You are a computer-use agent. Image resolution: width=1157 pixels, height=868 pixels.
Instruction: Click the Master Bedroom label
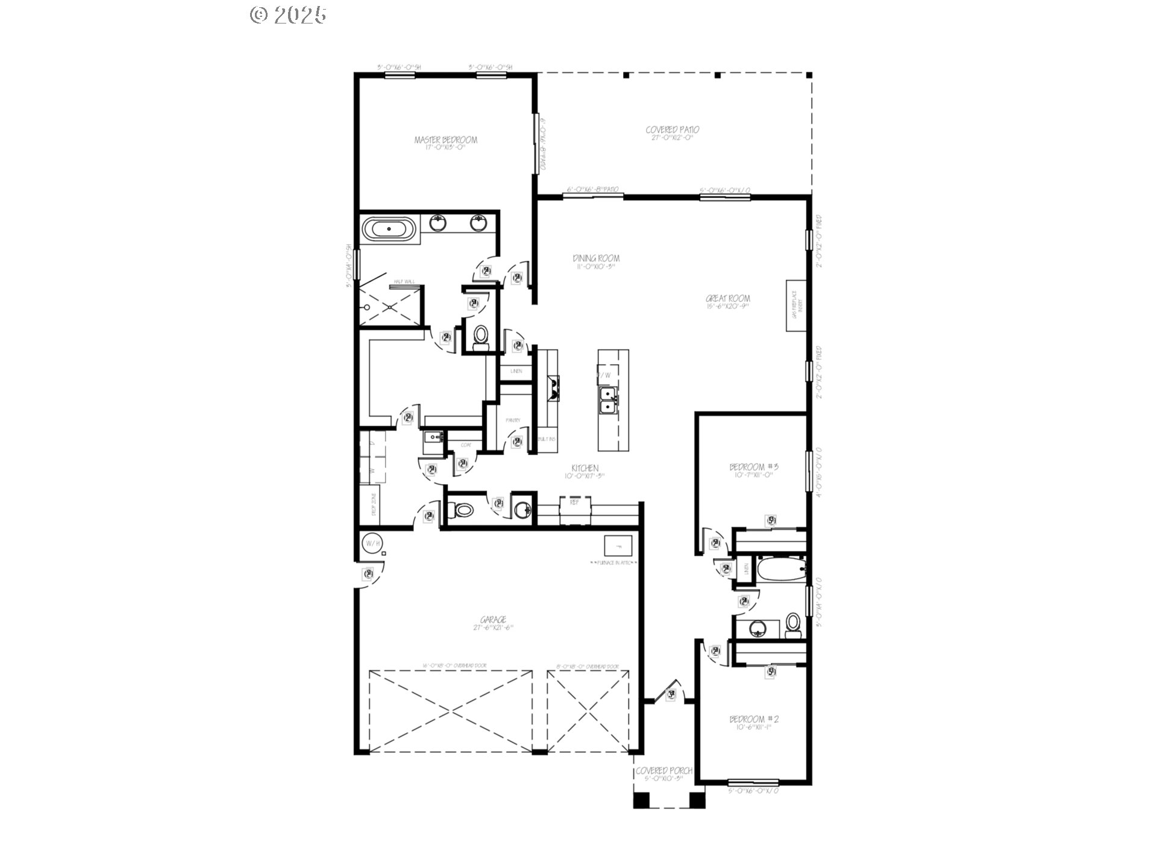(x=445, y=140)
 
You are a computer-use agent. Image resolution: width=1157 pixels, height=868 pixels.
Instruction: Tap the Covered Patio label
(x=673, y=130)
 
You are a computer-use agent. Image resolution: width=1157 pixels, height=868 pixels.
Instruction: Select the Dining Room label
(x=596, y=259)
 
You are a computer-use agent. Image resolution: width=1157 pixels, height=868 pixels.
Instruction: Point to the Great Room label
(x=728, y=299)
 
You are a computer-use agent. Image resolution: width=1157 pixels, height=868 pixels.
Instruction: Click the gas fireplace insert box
(x=795, y=306)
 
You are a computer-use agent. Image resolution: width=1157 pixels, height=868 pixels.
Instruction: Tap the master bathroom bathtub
(x=389, y=230)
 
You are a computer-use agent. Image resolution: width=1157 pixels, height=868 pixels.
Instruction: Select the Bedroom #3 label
(x=754, y=467)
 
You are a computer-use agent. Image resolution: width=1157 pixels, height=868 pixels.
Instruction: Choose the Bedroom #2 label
(x=754, y=720)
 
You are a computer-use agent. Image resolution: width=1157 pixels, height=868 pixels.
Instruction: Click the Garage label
(x=493, y=620)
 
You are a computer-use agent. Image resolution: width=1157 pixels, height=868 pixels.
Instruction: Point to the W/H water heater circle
(x=372, y=544)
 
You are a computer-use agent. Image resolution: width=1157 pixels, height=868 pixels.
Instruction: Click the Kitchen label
(x=585, y=469)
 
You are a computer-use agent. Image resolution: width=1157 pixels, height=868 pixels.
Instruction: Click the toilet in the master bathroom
(x=481, y=335)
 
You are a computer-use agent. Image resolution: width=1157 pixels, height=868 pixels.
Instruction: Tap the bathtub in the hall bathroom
(x=781, y=569)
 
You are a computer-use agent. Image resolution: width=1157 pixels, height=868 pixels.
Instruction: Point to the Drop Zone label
(x=374, y=504)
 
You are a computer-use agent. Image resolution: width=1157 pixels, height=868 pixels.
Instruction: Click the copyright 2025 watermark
(x=288, y=14)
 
